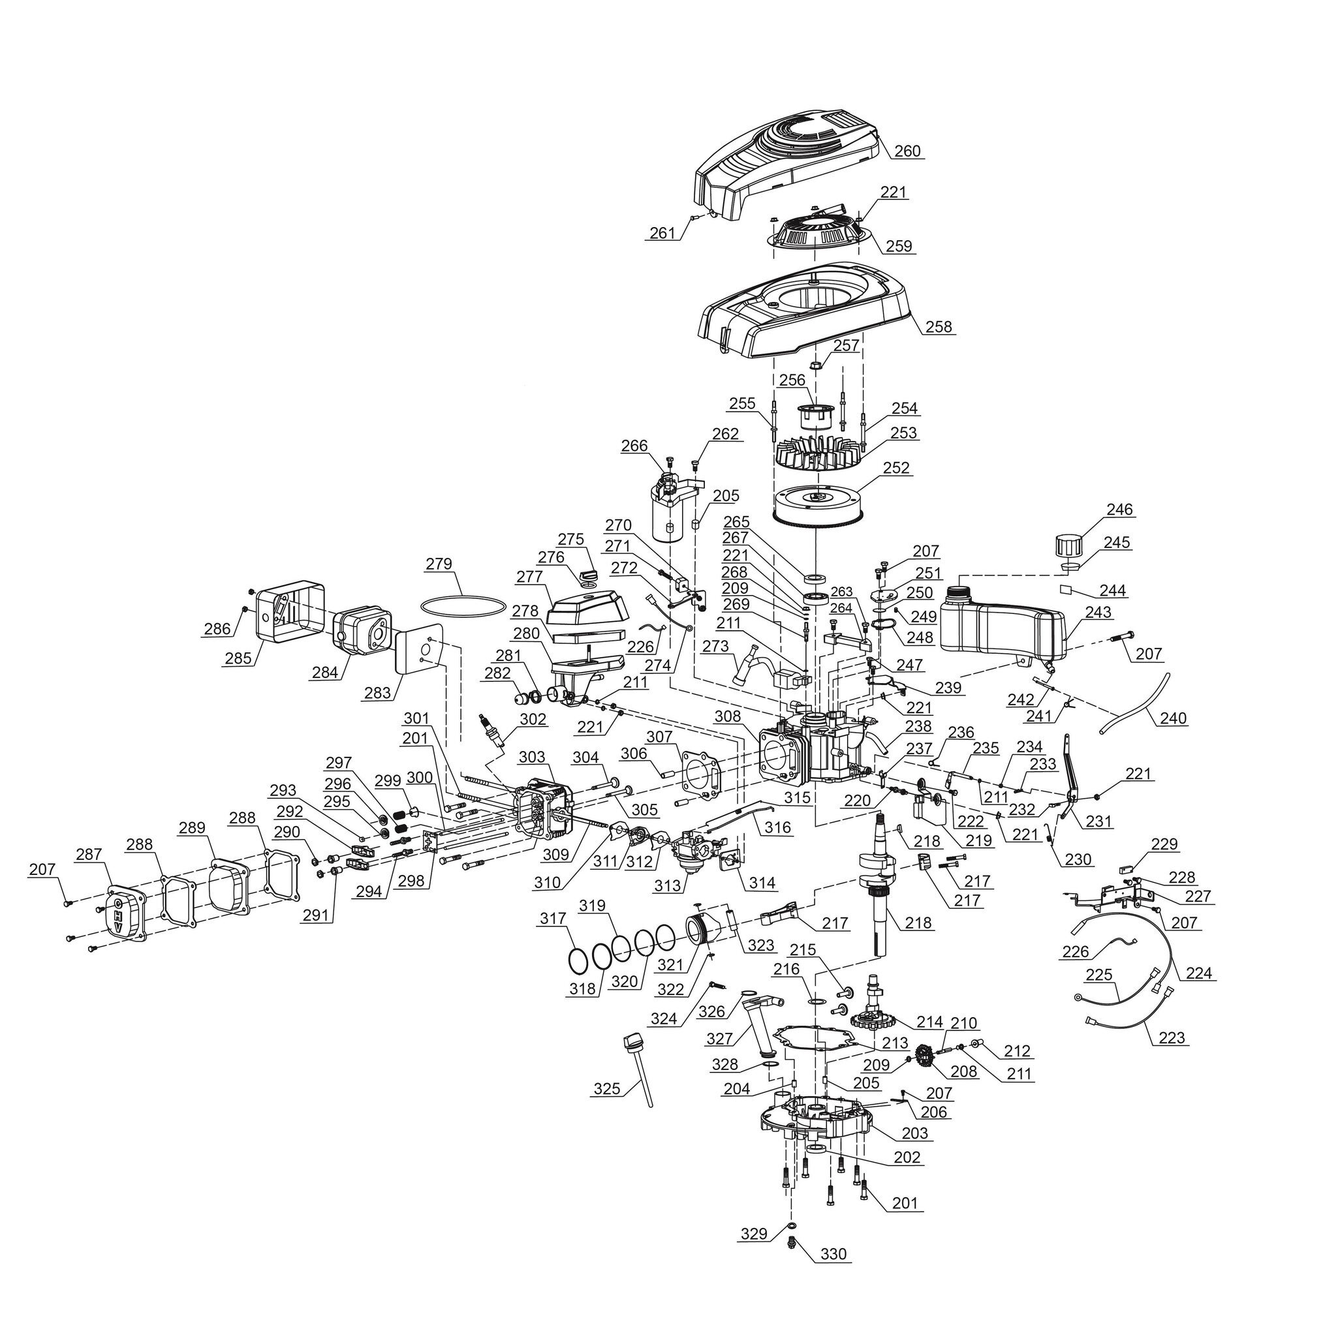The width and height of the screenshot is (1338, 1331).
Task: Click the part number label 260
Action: point(908,151)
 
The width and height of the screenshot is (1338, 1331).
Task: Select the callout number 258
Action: point(939,326)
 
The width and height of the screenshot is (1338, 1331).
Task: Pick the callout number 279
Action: point(439,564)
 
